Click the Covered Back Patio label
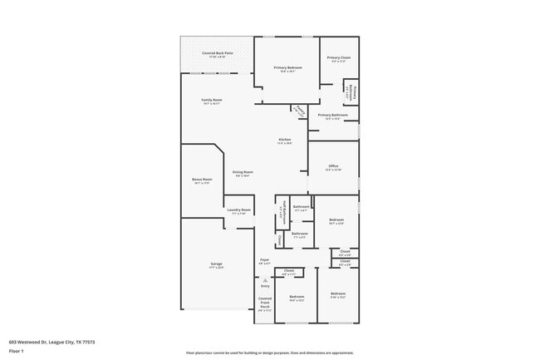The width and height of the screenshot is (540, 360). pos(217,53)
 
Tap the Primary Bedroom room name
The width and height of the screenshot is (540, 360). pos(288,67)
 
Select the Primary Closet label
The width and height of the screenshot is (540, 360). pos(339,57)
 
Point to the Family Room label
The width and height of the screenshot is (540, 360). pos(211,101)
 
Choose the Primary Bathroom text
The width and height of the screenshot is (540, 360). pos(332,115)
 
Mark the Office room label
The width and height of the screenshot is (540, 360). pos(333,166)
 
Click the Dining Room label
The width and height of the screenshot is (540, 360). pos(243,172)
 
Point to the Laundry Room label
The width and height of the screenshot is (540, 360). pos(239,210)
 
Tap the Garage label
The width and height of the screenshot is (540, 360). pos(216,264)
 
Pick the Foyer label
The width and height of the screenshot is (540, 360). pos(264,260)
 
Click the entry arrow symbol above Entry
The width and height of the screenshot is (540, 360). pos(265,279)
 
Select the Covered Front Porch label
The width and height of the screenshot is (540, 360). pos(265,303)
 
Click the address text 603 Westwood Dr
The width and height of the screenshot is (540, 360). pos(52,341)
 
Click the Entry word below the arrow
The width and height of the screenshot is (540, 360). pos(265,286)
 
